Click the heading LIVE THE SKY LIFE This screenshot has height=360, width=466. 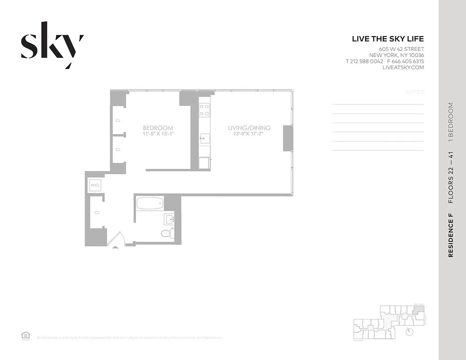[388, 39]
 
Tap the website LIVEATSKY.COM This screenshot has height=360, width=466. [403, 67]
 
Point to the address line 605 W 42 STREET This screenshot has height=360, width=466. [401, 49]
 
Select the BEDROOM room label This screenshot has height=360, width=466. [158, 128]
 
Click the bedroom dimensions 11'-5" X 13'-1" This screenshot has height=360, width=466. [158, 134]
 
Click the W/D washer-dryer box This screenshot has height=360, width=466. [95, 185]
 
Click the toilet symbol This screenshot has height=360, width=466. [167, 233]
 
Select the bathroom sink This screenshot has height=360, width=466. [169, 219]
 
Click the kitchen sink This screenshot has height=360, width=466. [204, 138]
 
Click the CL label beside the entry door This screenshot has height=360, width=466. [97, 212]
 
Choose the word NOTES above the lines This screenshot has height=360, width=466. [415, 92]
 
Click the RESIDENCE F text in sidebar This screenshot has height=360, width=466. [451, 236]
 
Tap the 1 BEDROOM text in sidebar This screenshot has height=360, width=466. [451, 123]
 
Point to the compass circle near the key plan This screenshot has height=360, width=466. [410, 332]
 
